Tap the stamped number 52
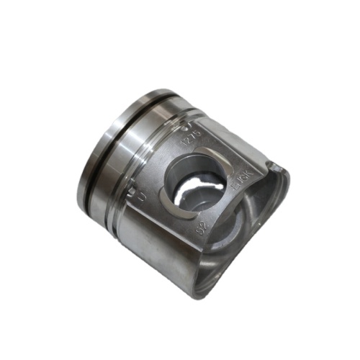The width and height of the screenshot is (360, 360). coord(202,229)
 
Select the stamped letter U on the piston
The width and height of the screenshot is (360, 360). coord(141,196)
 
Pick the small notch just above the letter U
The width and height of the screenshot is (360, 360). coord(132,190)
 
